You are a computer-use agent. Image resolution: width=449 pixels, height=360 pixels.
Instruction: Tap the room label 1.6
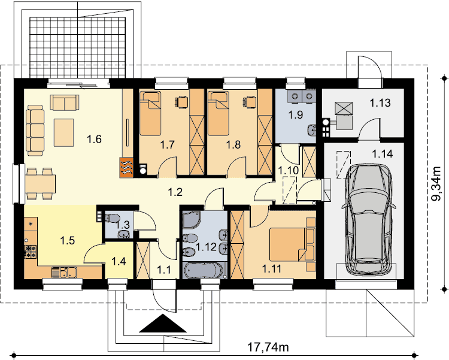[x=94, y=140]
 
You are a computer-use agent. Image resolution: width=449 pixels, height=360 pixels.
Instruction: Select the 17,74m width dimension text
[x=268, y=347]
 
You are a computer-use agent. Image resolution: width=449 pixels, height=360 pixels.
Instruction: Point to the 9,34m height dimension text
[x=437, y=184]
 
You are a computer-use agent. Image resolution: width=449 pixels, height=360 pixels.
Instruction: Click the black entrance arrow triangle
[x=163, y=323]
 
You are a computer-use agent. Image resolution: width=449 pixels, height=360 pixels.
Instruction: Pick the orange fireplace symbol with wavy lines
[x=126, y=167]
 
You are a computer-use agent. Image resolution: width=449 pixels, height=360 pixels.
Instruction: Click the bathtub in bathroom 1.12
[x=204, y=270]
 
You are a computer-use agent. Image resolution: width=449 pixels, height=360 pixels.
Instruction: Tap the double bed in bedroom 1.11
[x=292, y=244]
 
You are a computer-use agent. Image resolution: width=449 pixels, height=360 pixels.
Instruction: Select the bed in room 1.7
[x=150, y=113]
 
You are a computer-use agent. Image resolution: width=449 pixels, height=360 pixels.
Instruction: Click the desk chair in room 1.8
[x=250, y=102]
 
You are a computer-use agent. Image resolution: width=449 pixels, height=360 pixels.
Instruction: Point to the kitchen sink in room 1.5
[x=64, y=273]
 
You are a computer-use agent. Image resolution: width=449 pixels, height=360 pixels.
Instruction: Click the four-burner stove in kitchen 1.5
[x=31, y=251]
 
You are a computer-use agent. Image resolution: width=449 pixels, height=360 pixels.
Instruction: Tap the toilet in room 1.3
[x=113, y=218]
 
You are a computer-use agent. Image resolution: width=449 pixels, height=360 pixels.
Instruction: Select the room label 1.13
[x=380, y=102]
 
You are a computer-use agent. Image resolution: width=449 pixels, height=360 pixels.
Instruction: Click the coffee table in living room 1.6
[x=64, y=132]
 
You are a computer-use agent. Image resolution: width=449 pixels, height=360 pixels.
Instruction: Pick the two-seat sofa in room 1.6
[x=65, y=102]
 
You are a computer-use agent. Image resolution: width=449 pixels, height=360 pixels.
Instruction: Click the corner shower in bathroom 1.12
[x=192, y=220]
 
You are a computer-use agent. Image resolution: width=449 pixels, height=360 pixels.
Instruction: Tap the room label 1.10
[x=289, y=171]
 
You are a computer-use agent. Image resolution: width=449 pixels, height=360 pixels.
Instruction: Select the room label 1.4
[x=119, y=261]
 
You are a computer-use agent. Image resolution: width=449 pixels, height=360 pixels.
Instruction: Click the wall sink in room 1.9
[x=311, y=131]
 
